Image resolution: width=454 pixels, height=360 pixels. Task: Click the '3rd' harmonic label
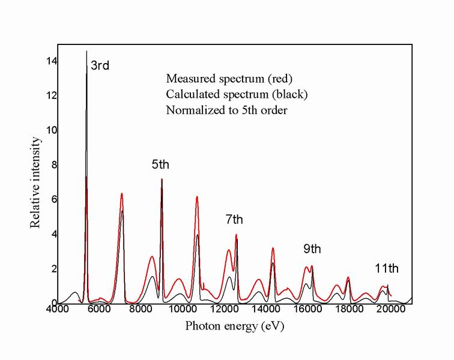100,65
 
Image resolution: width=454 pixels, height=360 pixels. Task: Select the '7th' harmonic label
235,220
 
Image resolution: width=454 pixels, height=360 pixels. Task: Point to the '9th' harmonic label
312,248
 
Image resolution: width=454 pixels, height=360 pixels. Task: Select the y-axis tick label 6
53,199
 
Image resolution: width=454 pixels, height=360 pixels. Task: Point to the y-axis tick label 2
53,268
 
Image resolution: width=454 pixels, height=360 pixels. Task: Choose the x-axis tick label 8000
140,310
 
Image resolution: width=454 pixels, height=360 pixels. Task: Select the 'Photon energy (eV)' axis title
234,326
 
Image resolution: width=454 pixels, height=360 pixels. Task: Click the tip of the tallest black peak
86,52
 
